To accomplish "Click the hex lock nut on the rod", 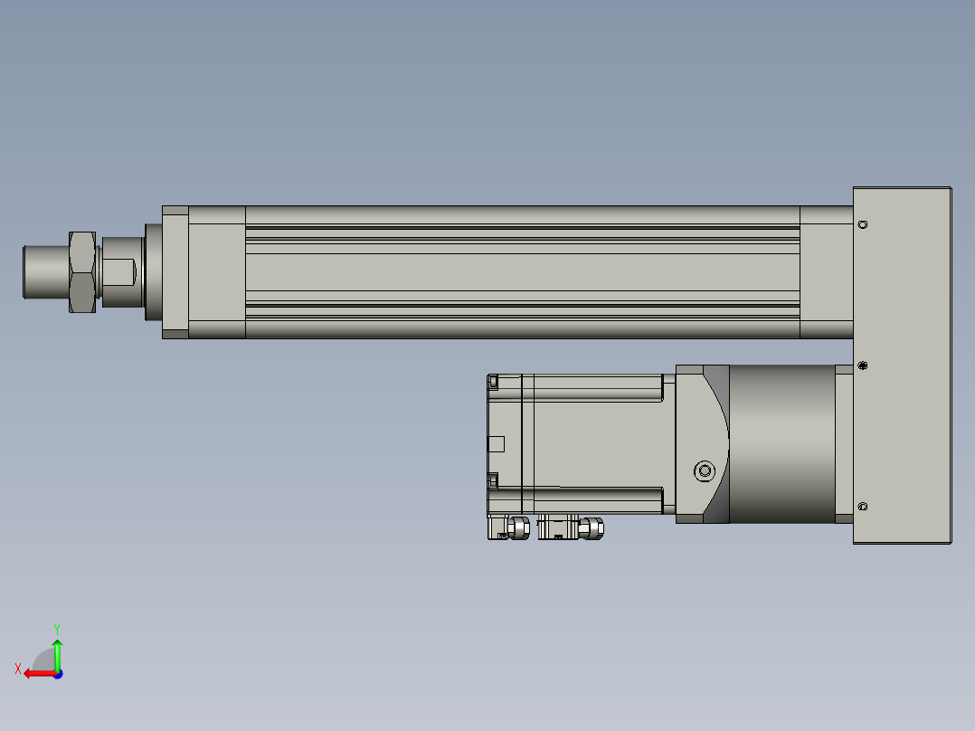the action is click(82, 272).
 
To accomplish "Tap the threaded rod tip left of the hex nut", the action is click(46, 272).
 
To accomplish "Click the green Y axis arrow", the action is click(57, 654).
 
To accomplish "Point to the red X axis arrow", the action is click(41, 673).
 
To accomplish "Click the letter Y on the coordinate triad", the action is click(57, 630).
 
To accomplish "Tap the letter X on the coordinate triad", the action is click(18, 669).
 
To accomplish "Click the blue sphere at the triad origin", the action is click(58, 674).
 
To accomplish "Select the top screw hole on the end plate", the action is click(863, 224).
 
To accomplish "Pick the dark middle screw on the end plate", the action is click(863, 365).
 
